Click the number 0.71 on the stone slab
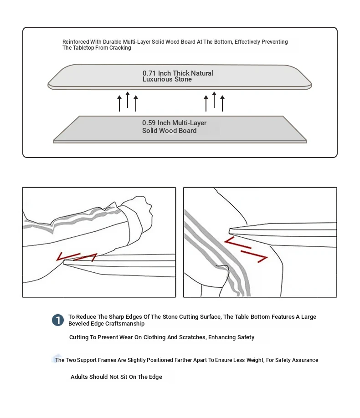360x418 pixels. [x=149, y=73]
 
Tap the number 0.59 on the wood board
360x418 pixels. [x=149, y=123]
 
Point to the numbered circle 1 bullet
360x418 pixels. [x=58, y=320]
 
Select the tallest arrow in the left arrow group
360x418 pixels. [x=128, y=100]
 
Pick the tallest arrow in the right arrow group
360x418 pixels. [x=214, y=100]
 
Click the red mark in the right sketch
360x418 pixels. [x=246, y=249]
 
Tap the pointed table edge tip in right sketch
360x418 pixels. [x=231, y=230]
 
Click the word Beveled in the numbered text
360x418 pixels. [x=79, y=324]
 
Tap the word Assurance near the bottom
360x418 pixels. [x=303, y=360]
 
